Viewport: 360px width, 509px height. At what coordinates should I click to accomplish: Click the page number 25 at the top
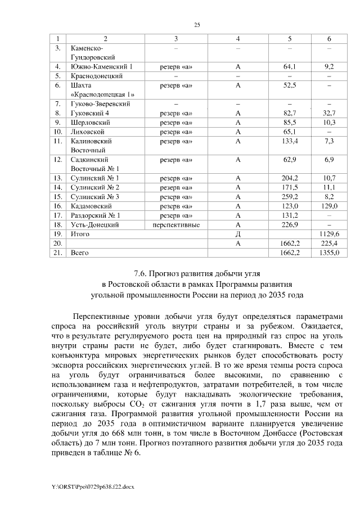click(197, 24)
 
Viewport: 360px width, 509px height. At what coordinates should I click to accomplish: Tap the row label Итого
click(79, 233)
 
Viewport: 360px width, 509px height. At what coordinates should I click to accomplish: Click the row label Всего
click(79, 253)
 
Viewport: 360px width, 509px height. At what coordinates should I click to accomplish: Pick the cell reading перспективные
click(176, 224)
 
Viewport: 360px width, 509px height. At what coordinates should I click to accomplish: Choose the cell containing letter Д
click(238, 233)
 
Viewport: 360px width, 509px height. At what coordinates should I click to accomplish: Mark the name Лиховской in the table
click(87, 132)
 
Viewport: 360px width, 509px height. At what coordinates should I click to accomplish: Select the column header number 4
click(238, 38)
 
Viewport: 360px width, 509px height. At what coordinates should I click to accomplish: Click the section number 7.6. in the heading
click(143, 274)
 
